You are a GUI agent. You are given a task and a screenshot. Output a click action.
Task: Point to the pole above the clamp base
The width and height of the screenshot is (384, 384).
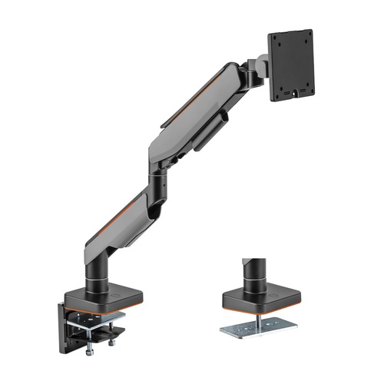(x=102, y=269)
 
